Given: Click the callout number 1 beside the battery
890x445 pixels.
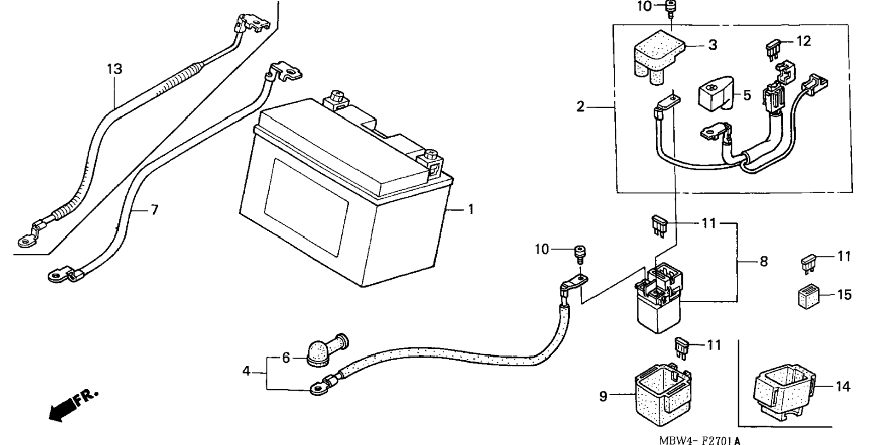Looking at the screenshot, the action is point(470,210).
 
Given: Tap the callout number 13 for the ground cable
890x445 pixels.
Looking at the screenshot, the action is point(115,69).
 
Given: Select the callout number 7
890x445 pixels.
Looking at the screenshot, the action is point(155,210).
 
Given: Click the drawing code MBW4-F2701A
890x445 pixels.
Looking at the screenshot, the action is point(699,440).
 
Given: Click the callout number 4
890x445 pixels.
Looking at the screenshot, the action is point(246,370).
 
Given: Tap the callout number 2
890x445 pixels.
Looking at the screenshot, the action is point(580,107).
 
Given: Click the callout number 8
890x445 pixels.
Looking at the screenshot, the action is point(764,262).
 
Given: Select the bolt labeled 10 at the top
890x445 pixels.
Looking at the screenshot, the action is point(671,9).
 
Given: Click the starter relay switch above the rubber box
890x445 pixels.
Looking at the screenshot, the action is point(659,297).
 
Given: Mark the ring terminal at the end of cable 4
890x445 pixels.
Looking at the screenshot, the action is point(317,388).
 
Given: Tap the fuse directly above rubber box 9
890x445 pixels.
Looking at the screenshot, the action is point(682,348).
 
